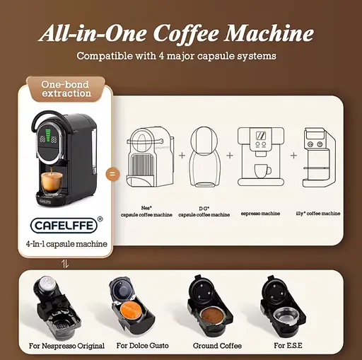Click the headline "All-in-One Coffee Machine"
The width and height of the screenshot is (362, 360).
(176, 33)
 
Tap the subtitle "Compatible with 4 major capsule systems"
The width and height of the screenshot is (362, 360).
(176, 56)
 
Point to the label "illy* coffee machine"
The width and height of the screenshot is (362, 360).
(317, 213)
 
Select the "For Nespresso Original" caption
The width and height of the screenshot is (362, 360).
(67, 346)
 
